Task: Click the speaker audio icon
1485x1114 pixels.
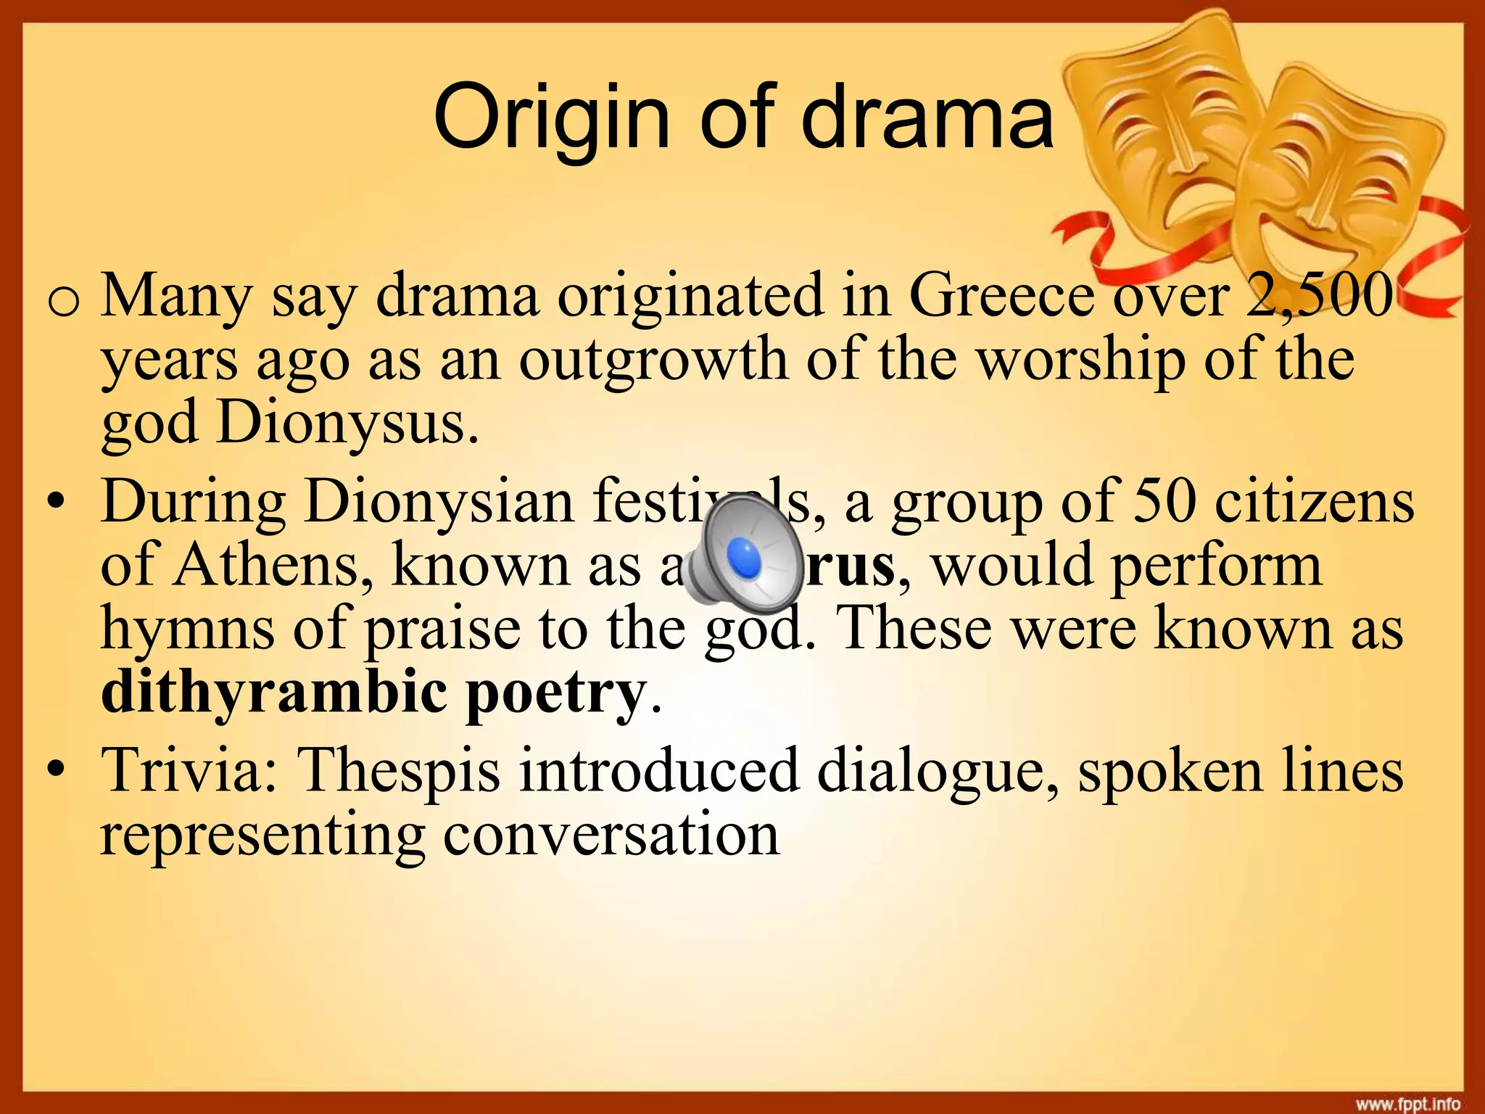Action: click(743, 556)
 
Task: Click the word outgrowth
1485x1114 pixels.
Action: click(653, 360)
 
